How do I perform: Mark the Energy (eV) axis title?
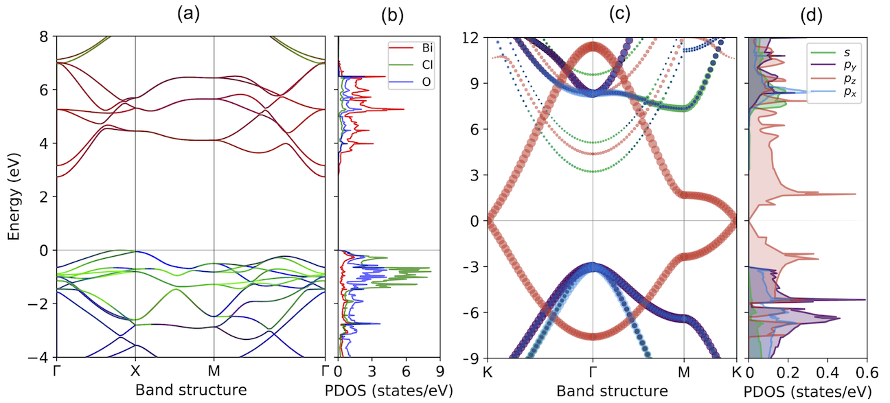[x=15, y=196]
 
